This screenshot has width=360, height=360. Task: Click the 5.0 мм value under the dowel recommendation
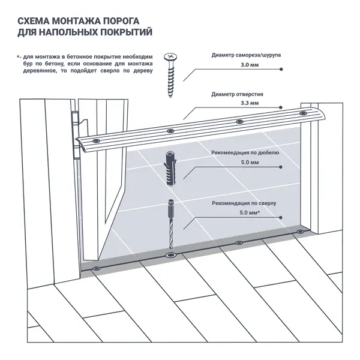[249, 163]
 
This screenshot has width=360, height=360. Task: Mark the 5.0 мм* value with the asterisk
[250, 213]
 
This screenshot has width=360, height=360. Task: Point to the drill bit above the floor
[170, 225]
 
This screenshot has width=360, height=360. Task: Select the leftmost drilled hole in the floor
[97, 268]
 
